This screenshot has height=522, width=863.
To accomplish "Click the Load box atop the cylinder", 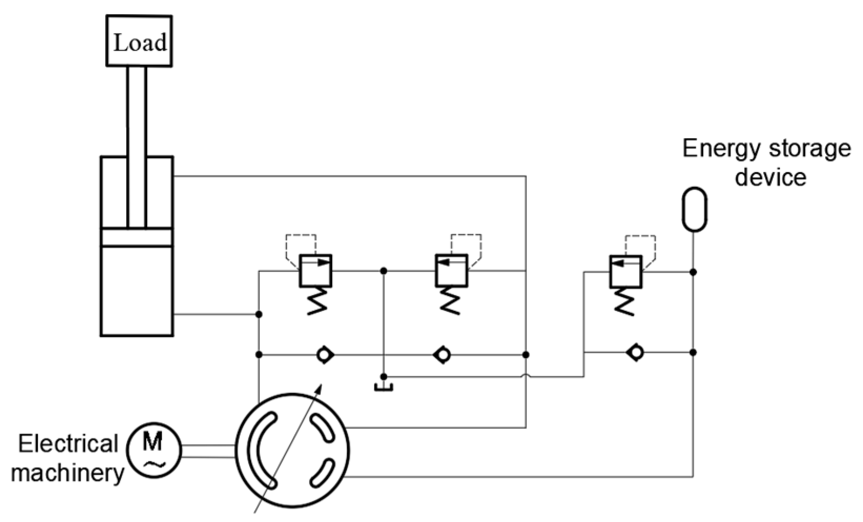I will (x=139, y=41).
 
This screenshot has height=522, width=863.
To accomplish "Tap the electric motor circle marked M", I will (x=154, y=451).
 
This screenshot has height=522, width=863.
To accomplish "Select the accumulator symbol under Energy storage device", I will (x=694, y=209).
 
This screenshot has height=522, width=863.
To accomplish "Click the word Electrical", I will (x=68, y=444).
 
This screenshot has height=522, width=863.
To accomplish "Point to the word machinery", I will (x=68, y=473).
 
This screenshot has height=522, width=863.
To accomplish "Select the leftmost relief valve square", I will (x=315, y=271).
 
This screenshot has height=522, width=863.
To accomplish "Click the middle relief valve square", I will (x=451, y=271).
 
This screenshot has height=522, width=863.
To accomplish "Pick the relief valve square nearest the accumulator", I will (x=625, y=271).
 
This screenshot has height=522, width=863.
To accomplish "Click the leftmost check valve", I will (x=325, y=355).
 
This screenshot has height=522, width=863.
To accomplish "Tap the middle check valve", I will (x=443, y=355).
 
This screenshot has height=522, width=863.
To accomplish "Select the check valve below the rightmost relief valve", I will (x=636, y=352).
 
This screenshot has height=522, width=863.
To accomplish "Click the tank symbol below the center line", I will (x=384, y=387).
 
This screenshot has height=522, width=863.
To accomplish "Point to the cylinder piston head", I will (x=137, y=237).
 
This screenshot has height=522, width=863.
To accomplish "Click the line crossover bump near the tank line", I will (x=526, y=376).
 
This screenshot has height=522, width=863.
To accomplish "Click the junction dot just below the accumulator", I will (x=693, y=272).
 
